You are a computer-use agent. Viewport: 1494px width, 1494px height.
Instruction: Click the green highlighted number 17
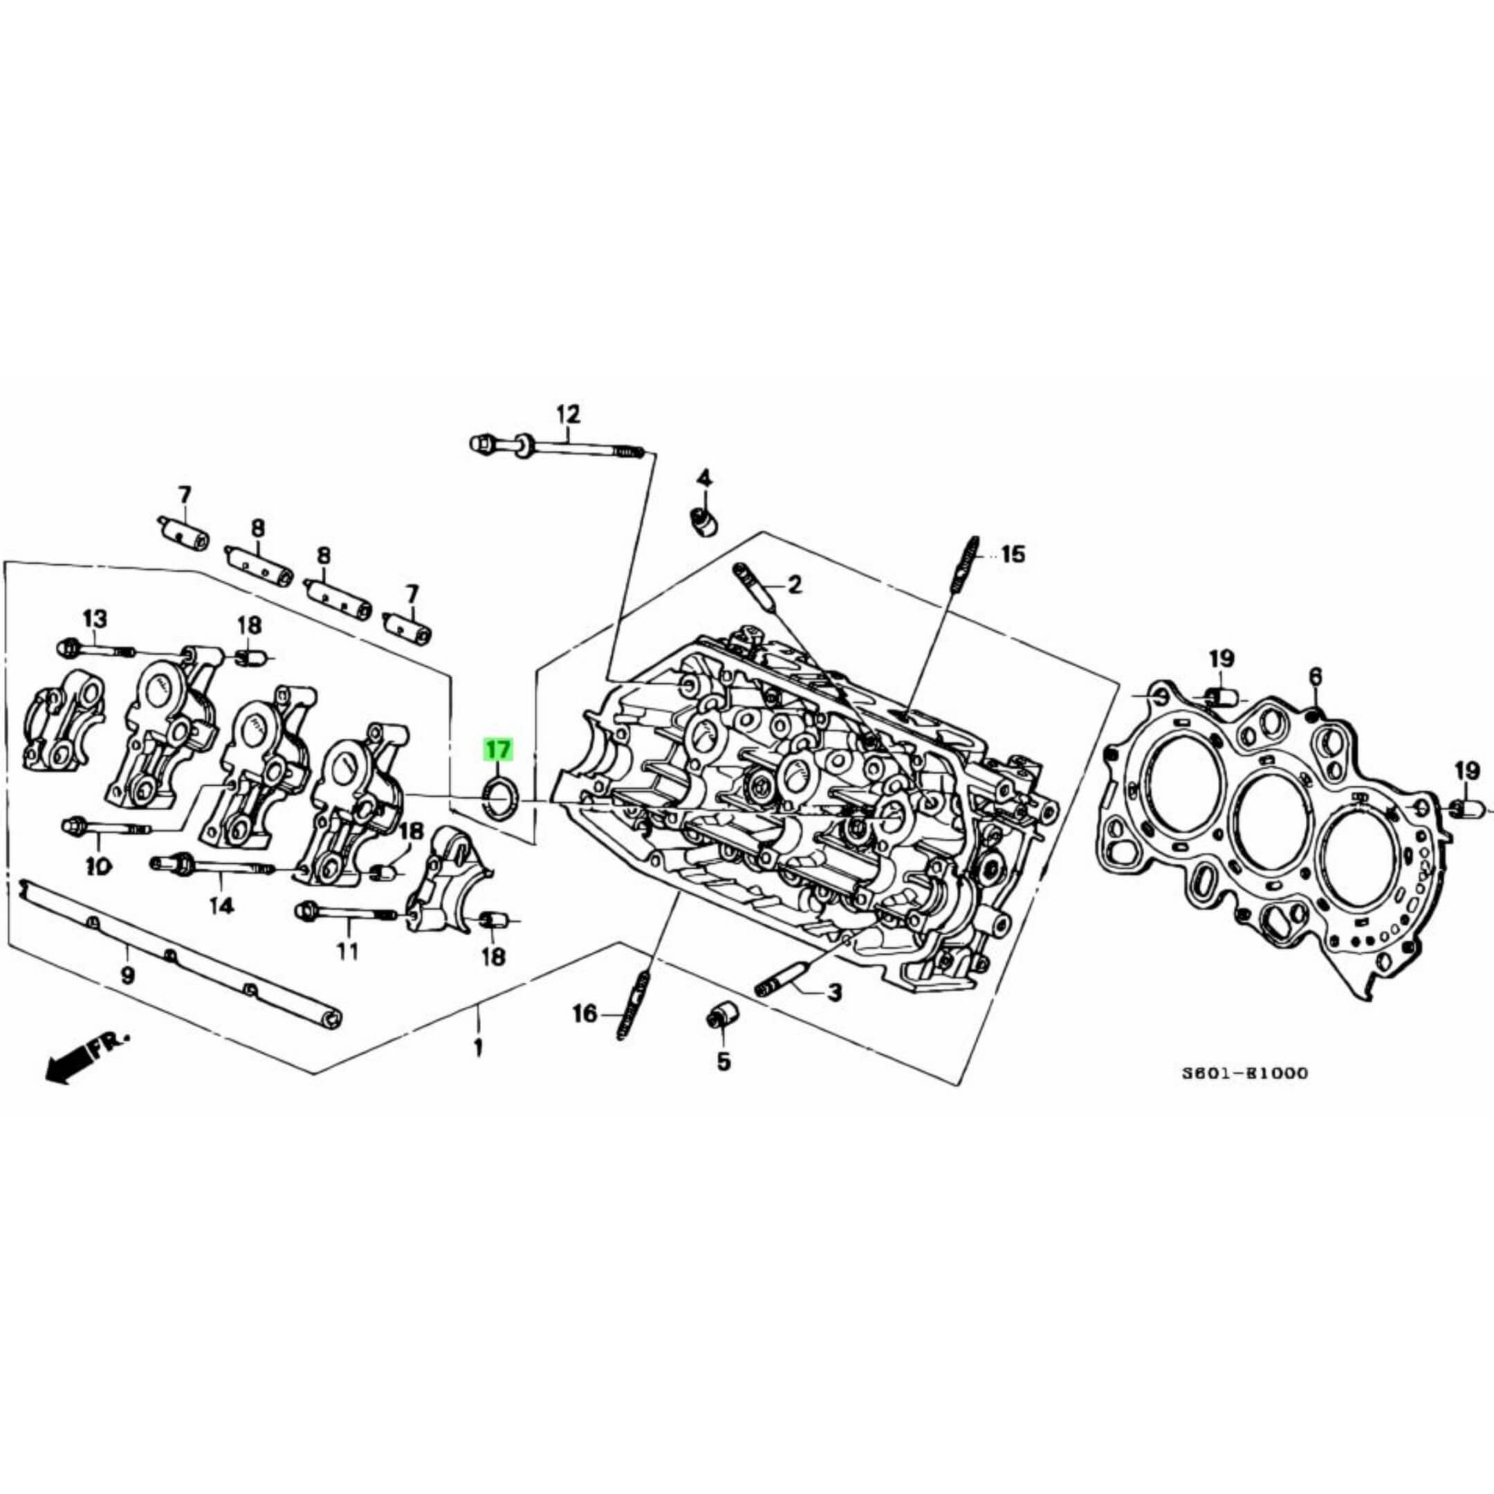pyautogui.click(x=498, y=749)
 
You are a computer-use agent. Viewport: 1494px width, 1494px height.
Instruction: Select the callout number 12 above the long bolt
pyautogui.click(x=568, y=414)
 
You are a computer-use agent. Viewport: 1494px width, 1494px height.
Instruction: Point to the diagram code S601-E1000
pyautogui.click(x=1245, y=1073)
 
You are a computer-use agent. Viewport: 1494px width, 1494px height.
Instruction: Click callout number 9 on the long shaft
pyautogui.click(x=127, y=975)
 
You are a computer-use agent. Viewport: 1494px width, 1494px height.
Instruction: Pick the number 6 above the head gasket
pyautogui.click(x=1316, y=676)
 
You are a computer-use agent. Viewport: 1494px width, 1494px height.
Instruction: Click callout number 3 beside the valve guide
pyautogui.click(x=834, y=992)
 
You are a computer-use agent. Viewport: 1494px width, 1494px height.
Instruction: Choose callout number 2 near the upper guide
pyautogui.click(x=795, y=584)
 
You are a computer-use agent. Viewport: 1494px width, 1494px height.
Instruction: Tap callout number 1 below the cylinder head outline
pyautogui.click(x=479, y=1049)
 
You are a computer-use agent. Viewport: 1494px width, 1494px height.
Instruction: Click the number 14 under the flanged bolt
pyautogui.click(x=222, y=905)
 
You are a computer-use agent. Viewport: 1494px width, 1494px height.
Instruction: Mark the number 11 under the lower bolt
pyautogui.click(x=348, y=950)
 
